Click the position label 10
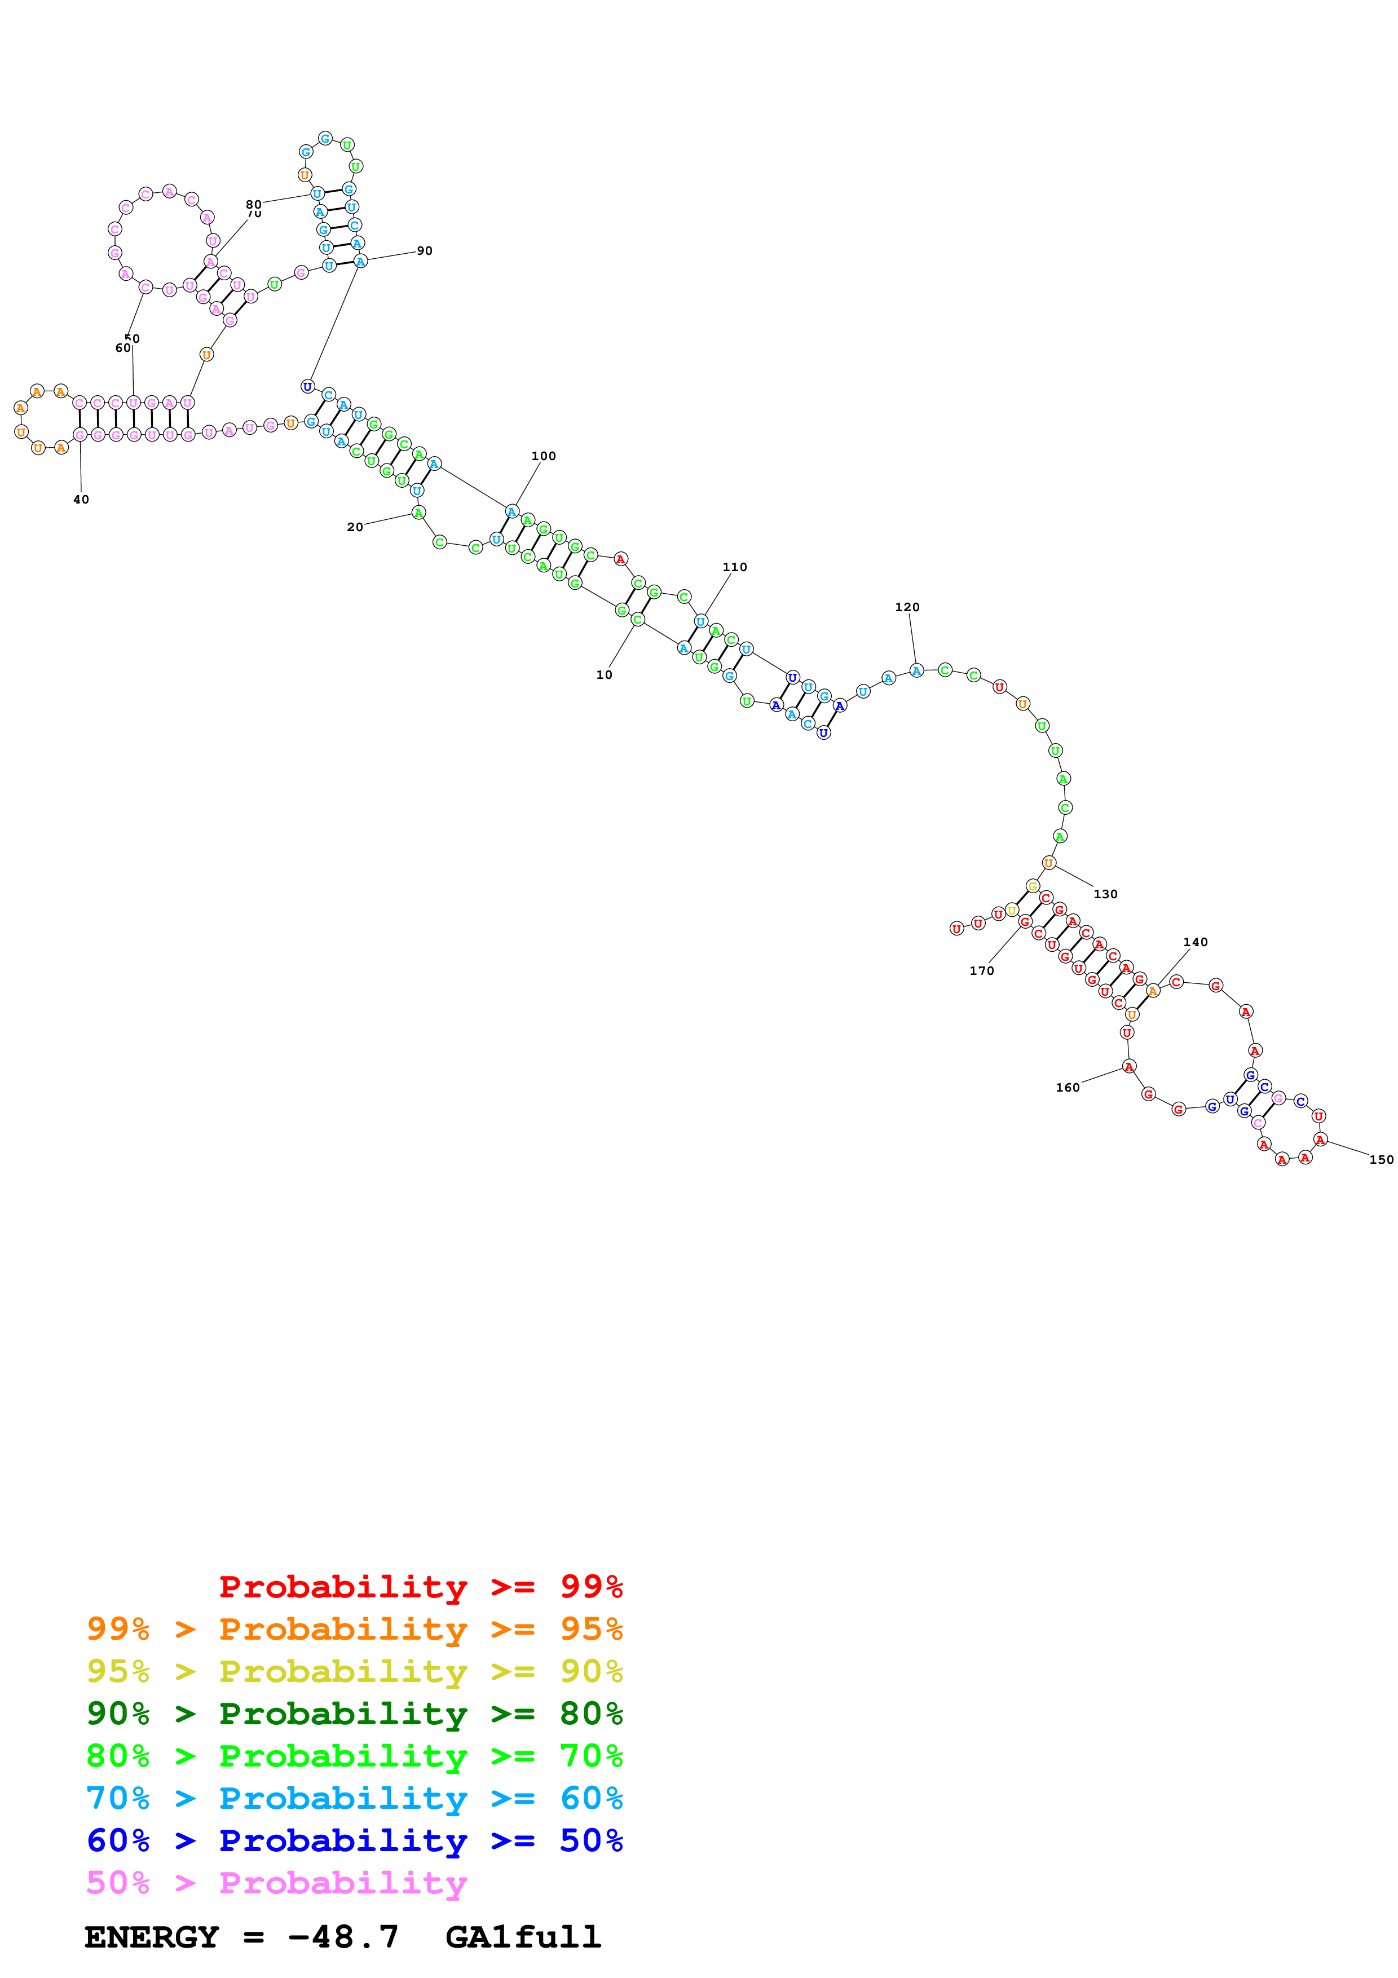(x=604, y=674)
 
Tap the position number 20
(x=355, y=527)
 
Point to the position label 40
(x=81, y=500)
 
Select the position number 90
(x=425, y=251)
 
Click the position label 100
(x=544, y=456)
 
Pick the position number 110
(x=735, y=567)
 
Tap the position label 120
(x=907, y=607)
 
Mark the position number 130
(x=1105, y=894)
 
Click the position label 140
(x=1196, y=942)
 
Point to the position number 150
(x=1381, y=1160)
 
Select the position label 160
(x=1067, y=1087)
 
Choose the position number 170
(x=981, y=971)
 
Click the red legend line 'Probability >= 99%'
(x=420, y=1586)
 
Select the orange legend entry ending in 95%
(x=354, y=1628)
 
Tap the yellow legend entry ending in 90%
(x=354, y=1671)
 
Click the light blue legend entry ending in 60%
(x=354, y=1798)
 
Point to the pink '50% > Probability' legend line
(x=276, y=1882)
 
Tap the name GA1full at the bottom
(x=523, y=1937)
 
